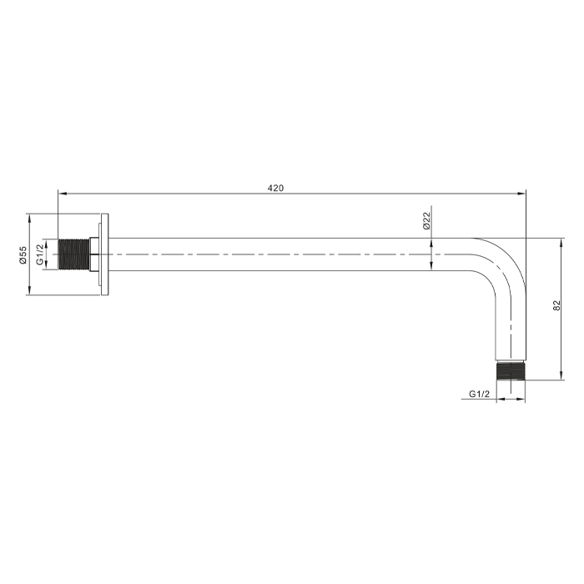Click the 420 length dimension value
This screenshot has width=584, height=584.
[x=275, y=188]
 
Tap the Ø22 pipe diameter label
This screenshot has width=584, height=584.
[x=426, y=221]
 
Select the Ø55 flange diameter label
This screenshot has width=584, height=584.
[x=23, y=254]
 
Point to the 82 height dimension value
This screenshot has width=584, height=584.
[x=556, y=305]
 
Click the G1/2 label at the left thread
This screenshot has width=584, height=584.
[x=40, y=254]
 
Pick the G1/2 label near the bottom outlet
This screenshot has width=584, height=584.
[x=480, y=394]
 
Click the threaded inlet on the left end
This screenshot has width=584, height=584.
[x=74, y=254]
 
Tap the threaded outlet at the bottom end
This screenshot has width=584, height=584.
[x=511, y=371]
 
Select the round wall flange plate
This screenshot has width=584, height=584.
[x=104, y=254]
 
